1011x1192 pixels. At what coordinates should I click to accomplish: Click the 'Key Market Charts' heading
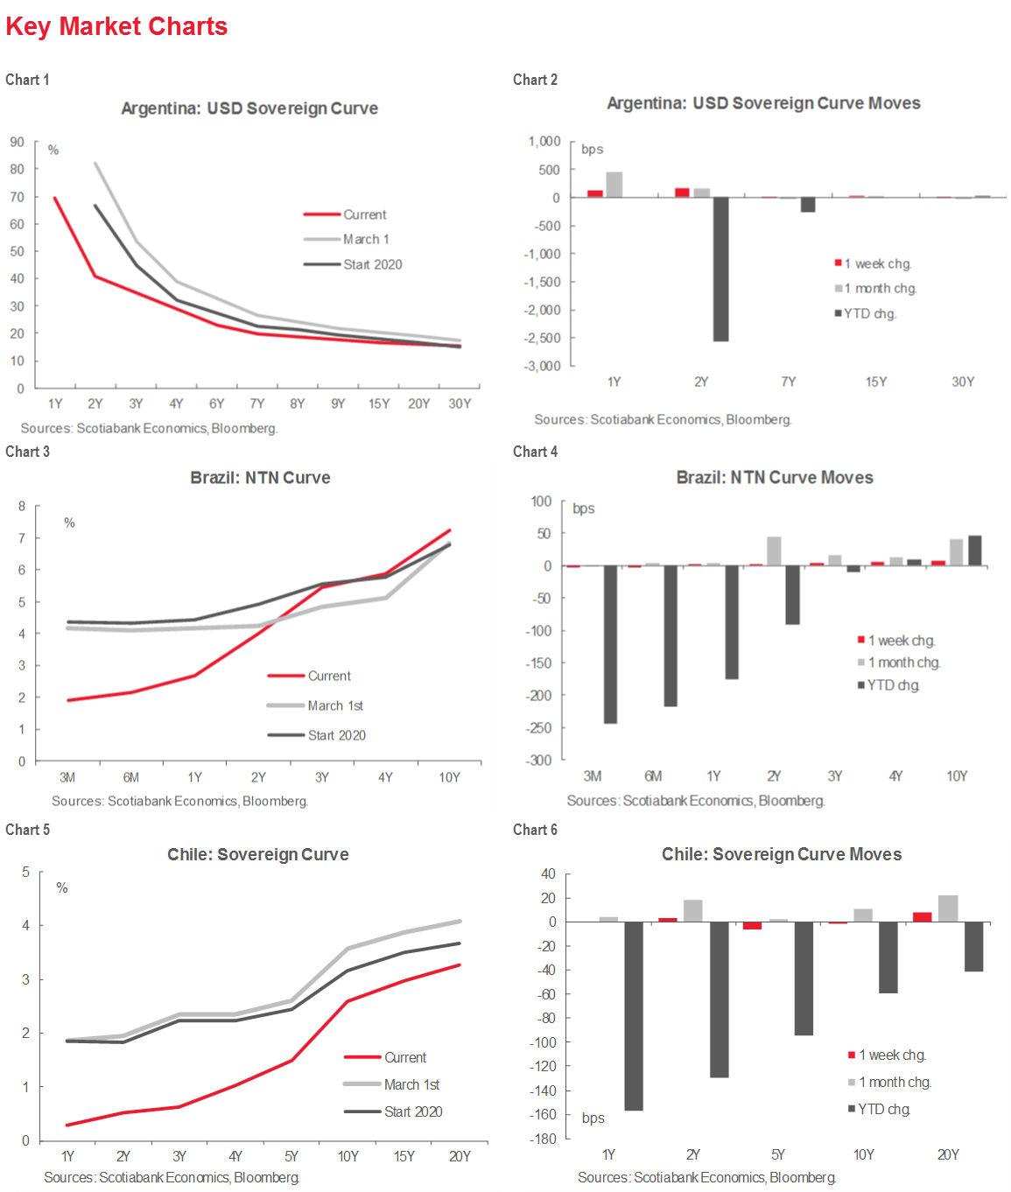tap(116, 26)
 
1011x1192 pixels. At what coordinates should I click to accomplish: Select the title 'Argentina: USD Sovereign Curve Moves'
tap(763, 103)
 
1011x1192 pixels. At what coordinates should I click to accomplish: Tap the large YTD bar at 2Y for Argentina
tap(720, 269)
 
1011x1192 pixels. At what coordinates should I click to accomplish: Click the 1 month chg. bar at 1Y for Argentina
tap(614, 185)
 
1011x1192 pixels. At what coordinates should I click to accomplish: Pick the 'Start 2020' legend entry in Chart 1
tap(372, 264)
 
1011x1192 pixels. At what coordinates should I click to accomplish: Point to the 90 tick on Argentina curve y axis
tap(18, 142)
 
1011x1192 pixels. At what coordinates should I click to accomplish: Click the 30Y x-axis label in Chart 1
tap(460, 403)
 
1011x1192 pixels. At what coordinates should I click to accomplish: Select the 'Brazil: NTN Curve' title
tap(260, 478)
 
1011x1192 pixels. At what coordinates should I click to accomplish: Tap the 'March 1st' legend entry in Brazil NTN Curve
tap(334, 705)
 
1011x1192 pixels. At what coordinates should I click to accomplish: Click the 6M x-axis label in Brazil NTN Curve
tap(131, 777)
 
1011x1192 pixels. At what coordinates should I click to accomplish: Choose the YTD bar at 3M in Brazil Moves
tap(610, 644)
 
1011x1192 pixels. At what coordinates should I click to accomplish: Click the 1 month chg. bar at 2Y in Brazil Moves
tap(774, 550)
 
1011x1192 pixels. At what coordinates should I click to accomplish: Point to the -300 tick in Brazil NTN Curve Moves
tap(539, 760)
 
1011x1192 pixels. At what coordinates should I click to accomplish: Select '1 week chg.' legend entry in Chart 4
tap(902, 641)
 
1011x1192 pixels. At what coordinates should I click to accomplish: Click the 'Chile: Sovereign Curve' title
tap(258, 854)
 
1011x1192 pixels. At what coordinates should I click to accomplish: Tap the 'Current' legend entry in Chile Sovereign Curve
tap(405, 1057)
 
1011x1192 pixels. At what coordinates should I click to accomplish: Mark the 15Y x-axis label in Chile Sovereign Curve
tap(404, 1156)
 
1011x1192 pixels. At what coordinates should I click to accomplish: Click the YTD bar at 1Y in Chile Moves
tap(634, 1016)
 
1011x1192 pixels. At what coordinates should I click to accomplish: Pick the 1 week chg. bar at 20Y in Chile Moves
tap(923, 917)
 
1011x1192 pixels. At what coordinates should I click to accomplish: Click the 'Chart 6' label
tap(535, 830)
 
